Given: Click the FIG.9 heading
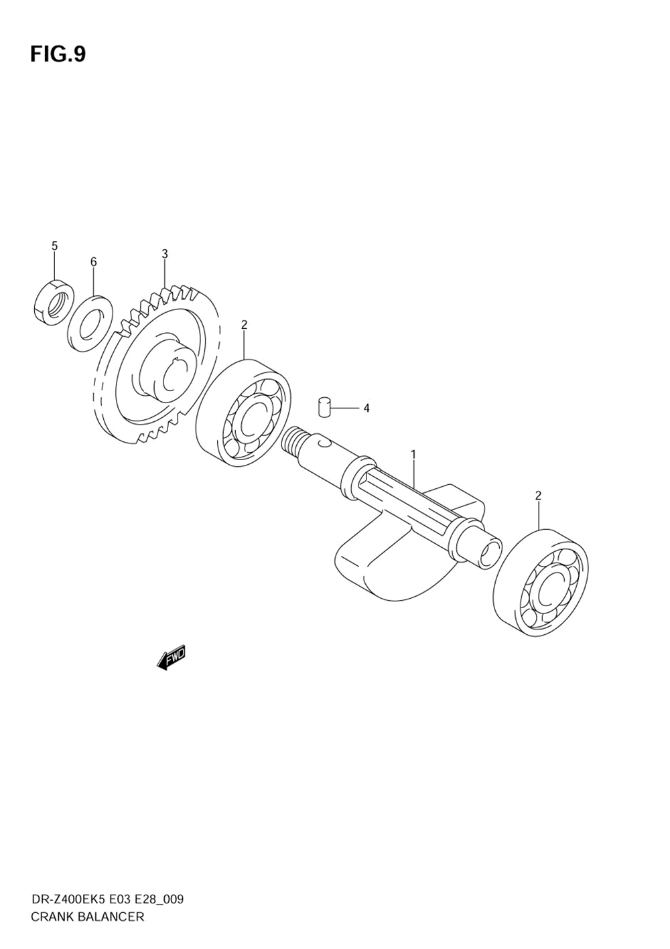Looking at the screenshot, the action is point(58,54).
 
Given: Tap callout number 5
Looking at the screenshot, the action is point(55,246).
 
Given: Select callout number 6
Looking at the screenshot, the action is point(94,262).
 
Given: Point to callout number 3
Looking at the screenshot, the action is point(164,254).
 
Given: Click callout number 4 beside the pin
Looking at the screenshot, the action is point(366,408).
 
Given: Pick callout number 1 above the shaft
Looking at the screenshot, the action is point(413,455).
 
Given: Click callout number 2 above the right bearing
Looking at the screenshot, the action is point(538,496).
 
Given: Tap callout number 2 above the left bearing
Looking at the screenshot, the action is point(244,325).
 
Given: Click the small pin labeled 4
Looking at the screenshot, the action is point(324,407).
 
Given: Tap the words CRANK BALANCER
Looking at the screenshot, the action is point(87,916).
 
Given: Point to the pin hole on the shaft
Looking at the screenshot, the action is point(324,443).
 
